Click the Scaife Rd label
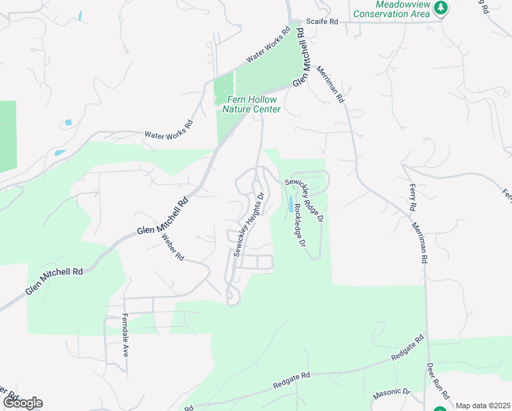322,22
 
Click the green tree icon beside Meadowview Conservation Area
441,8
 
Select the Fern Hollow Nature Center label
253,104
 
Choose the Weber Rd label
173,247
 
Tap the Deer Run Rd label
438,381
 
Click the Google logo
23,403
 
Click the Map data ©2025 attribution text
483,406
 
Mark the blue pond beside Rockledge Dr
290,203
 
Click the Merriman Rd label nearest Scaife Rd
330,84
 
